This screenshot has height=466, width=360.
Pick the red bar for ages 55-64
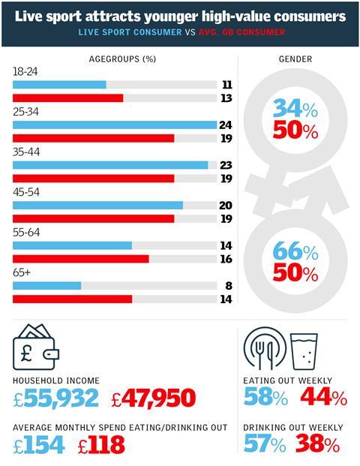click(81, 259)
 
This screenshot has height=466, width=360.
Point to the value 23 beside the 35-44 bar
click(224, 165)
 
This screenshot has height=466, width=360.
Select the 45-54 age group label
click(27, 192)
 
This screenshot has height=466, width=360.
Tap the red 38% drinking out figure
click(318, 445)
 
